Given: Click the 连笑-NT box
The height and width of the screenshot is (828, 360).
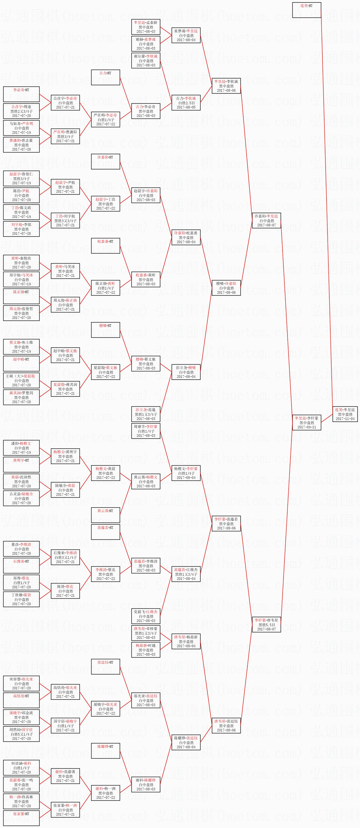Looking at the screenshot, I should pos(306,10).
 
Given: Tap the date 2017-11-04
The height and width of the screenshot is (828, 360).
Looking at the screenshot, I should pos(345,419).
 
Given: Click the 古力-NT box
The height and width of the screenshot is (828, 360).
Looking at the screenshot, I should pos(105,77).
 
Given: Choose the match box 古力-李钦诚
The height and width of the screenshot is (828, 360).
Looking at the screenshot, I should pos(186,103).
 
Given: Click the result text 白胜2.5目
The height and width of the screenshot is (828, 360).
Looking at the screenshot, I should pos(186,103).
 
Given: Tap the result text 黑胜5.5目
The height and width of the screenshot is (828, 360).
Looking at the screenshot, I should pos(266,625).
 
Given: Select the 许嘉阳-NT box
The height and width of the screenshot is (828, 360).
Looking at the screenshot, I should pos(105,162).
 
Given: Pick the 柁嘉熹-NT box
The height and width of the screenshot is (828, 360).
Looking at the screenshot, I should pos(105,246).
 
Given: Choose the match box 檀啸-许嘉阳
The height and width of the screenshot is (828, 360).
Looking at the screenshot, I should pos(226,288).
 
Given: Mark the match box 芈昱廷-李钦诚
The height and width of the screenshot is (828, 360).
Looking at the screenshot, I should pos(226,86).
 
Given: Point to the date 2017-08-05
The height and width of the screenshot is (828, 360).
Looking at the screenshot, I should pos(186,107).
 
